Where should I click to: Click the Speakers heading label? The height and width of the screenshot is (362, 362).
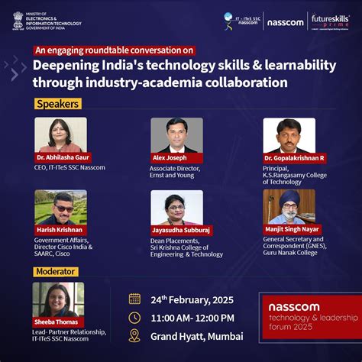tap(57, 104)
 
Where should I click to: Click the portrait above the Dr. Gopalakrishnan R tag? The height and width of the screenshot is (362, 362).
tap(289, 135)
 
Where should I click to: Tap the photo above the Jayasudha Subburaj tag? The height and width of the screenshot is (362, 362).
tap(176, 207)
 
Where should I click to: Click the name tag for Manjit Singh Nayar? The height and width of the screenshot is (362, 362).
tap(291, 229)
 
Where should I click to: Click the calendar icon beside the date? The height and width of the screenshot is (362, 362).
tap(134, 299)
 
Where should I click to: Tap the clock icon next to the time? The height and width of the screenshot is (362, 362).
tap(134, 317)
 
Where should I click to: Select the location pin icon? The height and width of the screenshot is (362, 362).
tap(134, 336)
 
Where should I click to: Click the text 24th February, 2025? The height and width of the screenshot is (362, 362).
tap(192, 299)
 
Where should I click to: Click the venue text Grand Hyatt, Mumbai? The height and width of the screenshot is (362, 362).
tap(196, 336)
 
